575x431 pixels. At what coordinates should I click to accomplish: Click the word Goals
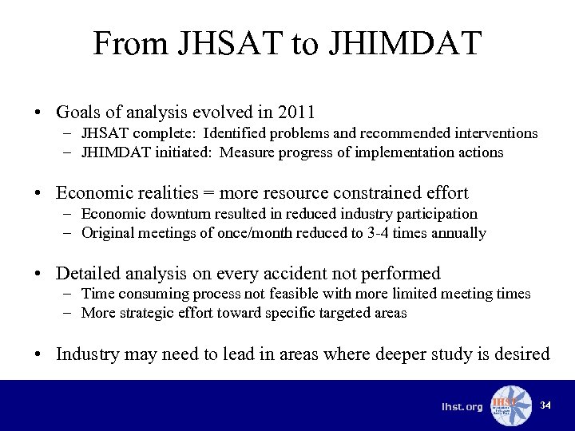tap(79, 112)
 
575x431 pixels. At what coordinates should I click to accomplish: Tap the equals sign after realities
tap(212, 193)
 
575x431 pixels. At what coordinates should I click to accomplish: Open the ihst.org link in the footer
tap(462, 407)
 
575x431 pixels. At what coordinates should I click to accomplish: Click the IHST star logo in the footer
tap(510, 405)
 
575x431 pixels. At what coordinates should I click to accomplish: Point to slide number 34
tap(545, 405)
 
